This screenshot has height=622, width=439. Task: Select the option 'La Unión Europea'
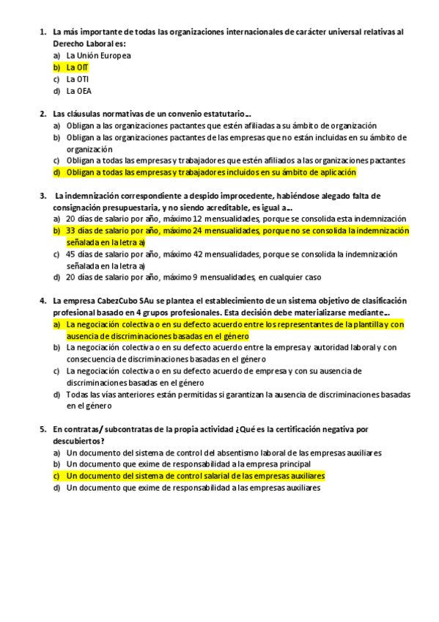98,55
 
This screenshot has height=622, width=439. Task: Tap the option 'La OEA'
78,92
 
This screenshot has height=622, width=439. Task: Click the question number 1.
42,32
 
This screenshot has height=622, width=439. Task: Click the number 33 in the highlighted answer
70,230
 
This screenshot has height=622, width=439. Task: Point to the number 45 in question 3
70,255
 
